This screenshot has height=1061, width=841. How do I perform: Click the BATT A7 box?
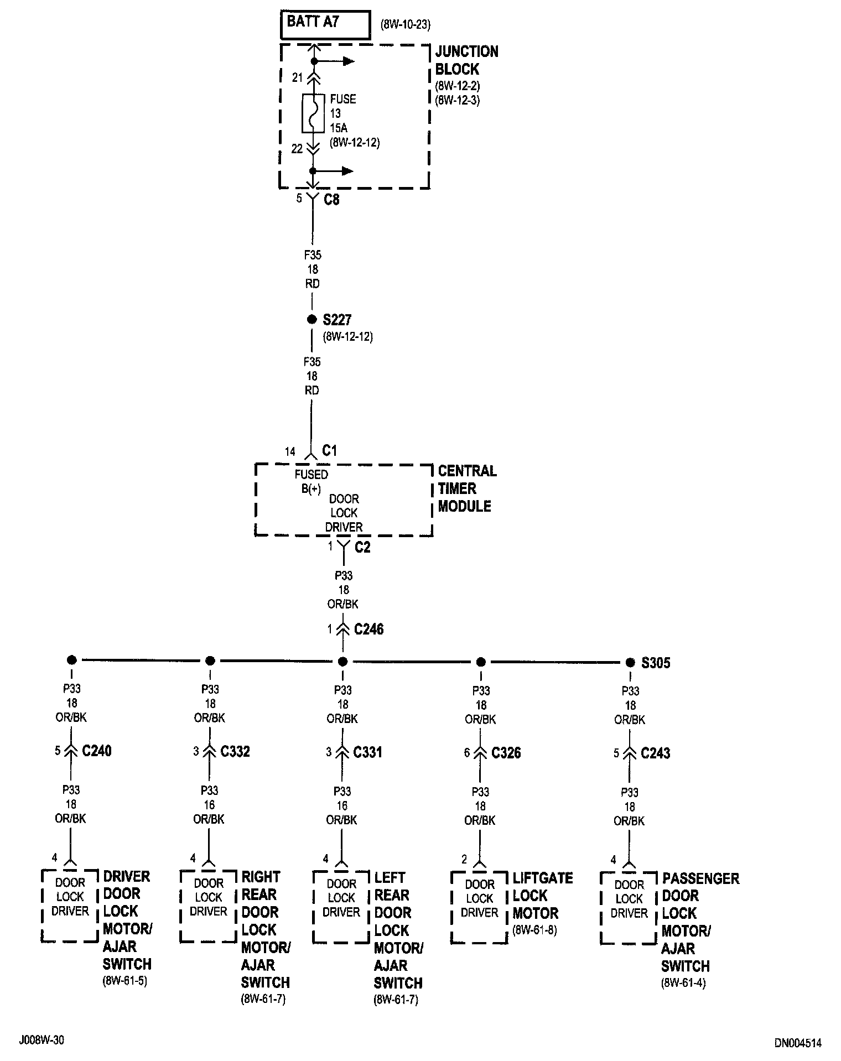click(325, 24)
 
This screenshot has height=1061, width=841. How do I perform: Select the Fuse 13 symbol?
click(313, 113)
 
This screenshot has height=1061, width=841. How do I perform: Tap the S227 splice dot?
click(312, 320)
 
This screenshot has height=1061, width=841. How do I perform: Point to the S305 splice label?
click(656, 663)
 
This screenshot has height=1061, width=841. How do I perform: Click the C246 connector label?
click(368, 630)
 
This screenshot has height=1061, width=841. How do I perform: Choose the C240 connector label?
click(97, 751)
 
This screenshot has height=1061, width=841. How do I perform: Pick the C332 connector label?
click(235, 751)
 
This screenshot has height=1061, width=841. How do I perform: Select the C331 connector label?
click(368, 752)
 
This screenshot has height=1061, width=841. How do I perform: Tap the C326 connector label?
click(506, 753)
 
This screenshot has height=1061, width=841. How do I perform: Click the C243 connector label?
click(656, 753)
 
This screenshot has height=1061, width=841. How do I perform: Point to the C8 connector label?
click(331, 200)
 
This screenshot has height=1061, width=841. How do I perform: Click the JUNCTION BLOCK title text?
click(466, 60)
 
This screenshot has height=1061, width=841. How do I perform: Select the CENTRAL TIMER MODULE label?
click(467, 488)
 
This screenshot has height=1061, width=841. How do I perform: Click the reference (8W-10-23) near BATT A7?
click(406, 25)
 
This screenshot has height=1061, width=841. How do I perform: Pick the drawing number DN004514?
click(798, 1043)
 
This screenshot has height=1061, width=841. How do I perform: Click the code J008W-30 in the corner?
click(41, 1040)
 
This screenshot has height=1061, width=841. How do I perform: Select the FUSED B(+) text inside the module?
click(311, 481)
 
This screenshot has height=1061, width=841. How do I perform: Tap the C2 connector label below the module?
click(362, 548)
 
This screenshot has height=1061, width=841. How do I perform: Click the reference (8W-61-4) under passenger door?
click(684, 983)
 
